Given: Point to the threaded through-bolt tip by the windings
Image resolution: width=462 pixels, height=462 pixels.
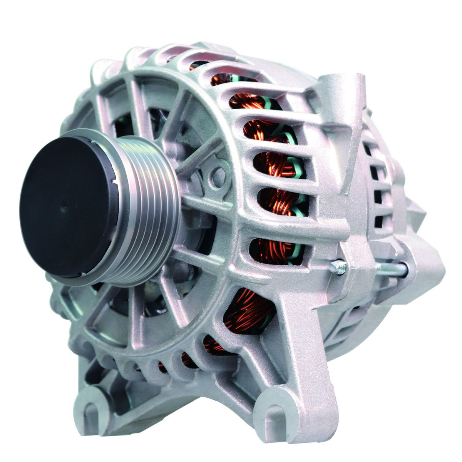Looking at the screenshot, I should [x=338, y=267].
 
